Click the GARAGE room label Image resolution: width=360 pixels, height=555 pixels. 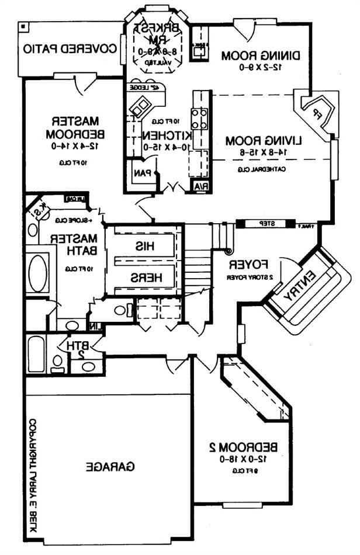(110, 467)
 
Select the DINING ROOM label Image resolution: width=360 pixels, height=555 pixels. (261, 56)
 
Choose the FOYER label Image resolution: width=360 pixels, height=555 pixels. (245, 263)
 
